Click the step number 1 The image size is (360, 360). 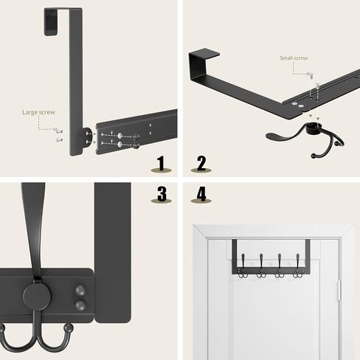point(161,163)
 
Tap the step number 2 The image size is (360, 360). point(201,163)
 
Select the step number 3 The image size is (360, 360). point(162,194)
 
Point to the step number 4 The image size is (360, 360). point(201,194)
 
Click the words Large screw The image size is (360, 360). point(38,112)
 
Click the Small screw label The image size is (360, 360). point(294,58)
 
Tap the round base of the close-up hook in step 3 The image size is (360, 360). point(38,295)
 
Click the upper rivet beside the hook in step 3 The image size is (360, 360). point(80,291)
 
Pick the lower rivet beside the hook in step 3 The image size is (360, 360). point(80,305)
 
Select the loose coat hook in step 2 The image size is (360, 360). point(305,138)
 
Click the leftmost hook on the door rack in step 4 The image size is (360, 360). point(243,267)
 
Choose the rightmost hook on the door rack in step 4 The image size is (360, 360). point(297,267)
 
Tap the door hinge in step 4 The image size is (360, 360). point(339,291)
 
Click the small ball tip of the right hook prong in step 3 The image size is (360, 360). point(69,328)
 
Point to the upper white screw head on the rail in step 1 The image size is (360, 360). point(120,136)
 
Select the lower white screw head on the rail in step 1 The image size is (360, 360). point(120,145)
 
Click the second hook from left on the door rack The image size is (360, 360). point(261,267)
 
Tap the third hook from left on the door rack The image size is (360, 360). point(280,267)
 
